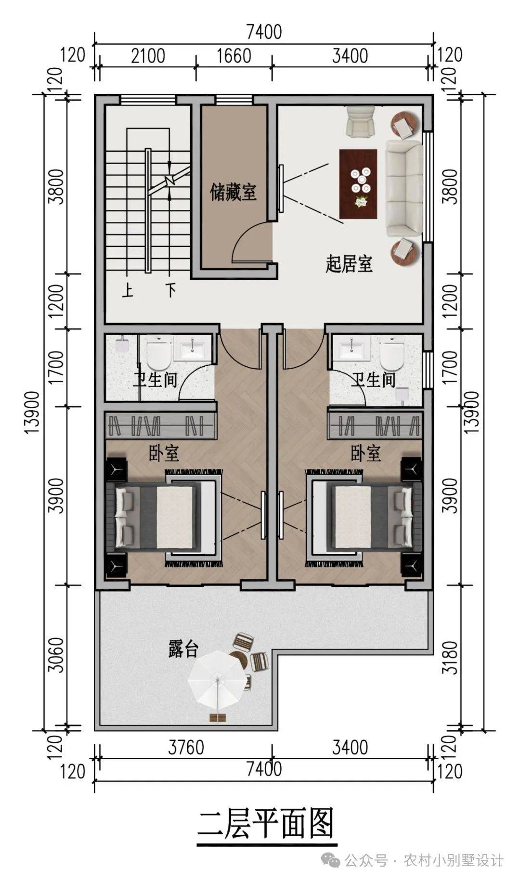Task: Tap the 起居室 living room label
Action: click(x=349, y=264)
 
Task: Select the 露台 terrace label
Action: click(x=183, y=649)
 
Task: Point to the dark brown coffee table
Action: click(x=358, y=183)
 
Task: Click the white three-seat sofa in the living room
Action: click(x=403, y=188)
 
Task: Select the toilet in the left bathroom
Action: click(x=159, y=355)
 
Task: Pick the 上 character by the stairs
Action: click(x=128, y=291)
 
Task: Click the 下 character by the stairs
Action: click(x=170, y=291)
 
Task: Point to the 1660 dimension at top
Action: click(x=234, y=56)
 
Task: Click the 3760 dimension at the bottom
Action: click(x=186, y=748)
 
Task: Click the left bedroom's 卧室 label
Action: click(x=164, y=453)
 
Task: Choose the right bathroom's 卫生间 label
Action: click(x=373, y=380)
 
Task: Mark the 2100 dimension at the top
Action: click(x=148, y=56)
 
